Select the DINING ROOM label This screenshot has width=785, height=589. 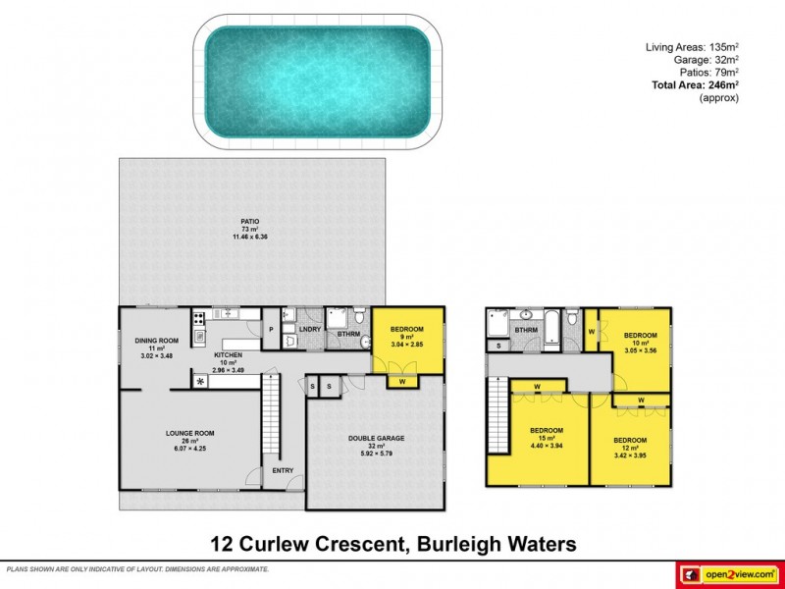point(156,341)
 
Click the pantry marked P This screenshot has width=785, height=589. point(270,330)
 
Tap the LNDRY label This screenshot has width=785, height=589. point(310,329)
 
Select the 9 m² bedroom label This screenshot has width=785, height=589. point(407,329)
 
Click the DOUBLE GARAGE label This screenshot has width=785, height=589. point(377,439)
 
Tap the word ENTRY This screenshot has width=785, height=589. point(283,471)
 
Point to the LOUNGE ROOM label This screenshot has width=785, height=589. point(189,433)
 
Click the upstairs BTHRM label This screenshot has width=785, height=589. point(527,331)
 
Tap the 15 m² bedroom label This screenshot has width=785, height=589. point(547,431)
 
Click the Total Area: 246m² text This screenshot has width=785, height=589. point(695,85)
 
